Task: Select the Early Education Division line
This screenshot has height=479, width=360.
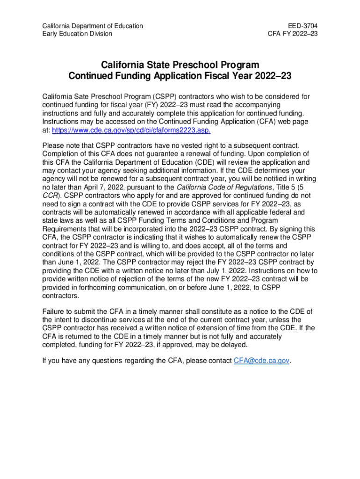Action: click(77, 34)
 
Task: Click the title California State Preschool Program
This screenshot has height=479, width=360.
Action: click(180, 65)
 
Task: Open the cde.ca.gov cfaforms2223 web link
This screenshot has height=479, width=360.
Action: click(131, 130)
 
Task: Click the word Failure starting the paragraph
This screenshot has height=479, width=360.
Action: click(55, 311)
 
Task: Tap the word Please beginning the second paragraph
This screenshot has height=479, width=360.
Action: click(53, 146)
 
